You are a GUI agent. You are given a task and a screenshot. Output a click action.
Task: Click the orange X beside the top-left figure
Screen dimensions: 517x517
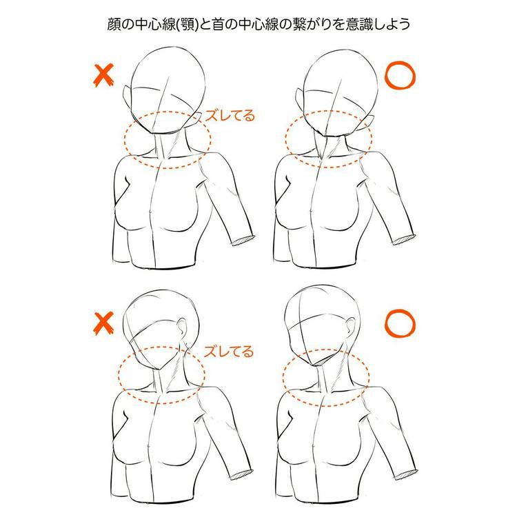point(103,75)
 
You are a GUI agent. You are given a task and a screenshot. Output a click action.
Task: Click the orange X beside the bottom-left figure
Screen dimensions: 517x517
point(103,323)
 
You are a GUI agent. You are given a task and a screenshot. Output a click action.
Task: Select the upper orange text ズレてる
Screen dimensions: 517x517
point(230,115)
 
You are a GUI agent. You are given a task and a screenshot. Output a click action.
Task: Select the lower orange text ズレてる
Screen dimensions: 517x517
point(229,352)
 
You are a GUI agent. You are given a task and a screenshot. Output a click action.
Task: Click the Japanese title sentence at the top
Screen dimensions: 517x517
point(258,24)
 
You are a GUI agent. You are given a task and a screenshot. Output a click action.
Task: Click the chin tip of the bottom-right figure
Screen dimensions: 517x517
point(316,365)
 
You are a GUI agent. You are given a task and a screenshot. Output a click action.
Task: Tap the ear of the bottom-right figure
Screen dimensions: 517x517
point(350,327)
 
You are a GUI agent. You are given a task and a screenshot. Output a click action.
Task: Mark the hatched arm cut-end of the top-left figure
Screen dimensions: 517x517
point(243,241)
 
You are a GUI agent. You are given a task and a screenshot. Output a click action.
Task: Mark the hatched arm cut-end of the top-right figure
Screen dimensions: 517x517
point(403,239)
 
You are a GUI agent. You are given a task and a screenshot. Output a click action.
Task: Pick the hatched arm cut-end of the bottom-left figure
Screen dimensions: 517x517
point(241,475)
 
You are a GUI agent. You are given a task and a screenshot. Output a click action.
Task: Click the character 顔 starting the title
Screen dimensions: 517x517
point(114,24)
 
